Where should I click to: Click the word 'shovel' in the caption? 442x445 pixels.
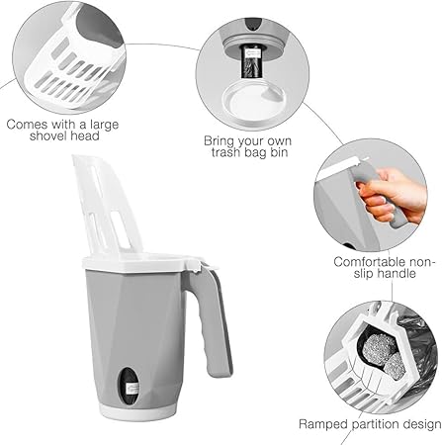47,135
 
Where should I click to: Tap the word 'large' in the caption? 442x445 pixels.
104,126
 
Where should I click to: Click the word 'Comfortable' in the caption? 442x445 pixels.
369,262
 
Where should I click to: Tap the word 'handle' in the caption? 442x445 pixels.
397,273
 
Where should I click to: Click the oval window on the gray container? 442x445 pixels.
129,386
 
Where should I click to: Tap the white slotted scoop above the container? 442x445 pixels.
106,205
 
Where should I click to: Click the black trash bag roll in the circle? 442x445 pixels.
251,61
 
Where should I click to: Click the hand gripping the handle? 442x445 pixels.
392,195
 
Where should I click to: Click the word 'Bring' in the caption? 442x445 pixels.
219,141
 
